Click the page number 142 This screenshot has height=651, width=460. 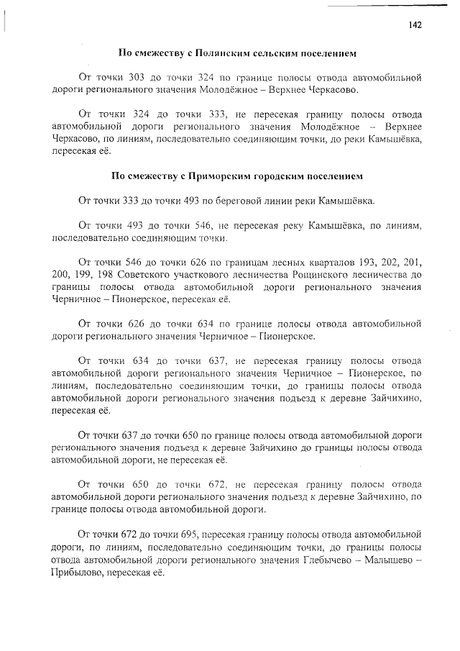point(415,24)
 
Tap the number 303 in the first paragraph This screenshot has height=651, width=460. point(136,77)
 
